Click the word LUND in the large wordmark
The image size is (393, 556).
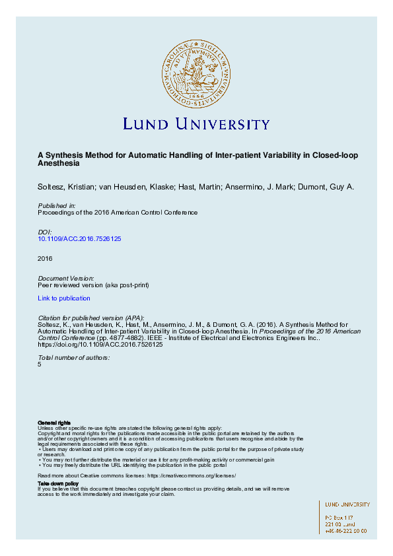point(147,124)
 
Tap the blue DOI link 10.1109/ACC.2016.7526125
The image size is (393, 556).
point(79,238)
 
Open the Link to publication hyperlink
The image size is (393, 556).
point(64,298)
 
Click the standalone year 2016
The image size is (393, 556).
point(45,258)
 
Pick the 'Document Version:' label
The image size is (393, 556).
point(66,279)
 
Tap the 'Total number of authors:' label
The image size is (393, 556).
point(74,357)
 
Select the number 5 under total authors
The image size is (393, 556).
point(40,364)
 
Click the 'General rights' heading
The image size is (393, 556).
point(54,422)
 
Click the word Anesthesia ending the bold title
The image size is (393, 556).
point(58,162)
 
